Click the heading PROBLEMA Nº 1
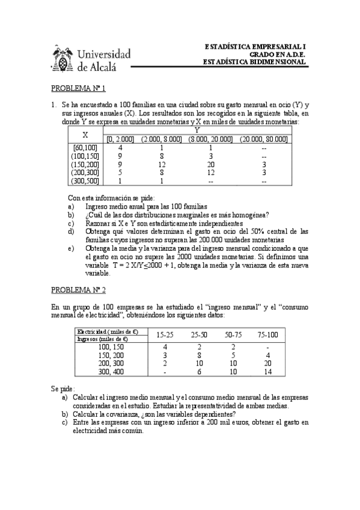pos(78,88)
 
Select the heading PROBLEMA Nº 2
pos(78,290)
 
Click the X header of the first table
pos(85,134)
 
